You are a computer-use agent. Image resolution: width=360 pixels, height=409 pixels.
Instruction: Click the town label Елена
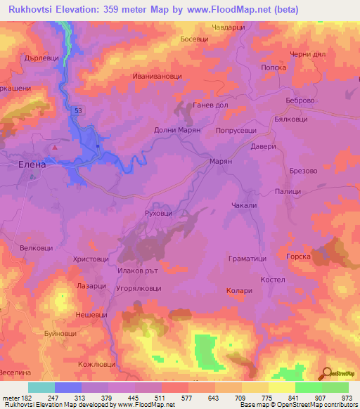(x=32, y=164)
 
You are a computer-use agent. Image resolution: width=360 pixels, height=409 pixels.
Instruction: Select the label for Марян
(x=221, y=161)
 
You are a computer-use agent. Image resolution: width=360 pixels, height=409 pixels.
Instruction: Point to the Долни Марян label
(x=178, y=130)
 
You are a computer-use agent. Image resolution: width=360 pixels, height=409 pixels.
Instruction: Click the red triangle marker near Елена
(x=55, y=148)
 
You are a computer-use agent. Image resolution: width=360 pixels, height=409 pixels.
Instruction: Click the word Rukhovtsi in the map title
(x=34, y=9)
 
